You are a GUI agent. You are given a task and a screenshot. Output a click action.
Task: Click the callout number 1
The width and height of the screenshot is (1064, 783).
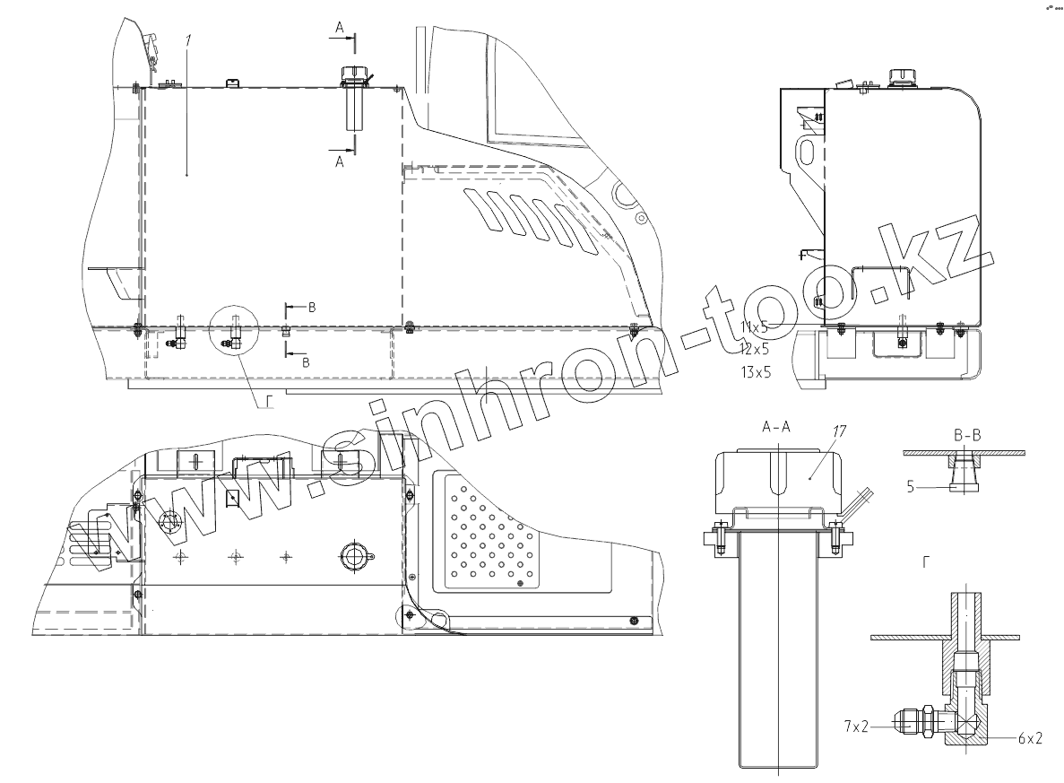click(188, 40)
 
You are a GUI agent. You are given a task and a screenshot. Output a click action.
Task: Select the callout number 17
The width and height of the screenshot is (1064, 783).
click(839, 431)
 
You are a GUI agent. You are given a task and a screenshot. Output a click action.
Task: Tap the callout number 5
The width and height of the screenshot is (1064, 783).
click(911, 486)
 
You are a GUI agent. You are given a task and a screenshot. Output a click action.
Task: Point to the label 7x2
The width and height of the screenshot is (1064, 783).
click(856, 726)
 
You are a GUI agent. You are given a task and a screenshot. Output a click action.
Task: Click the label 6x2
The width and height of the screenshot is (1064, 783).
click(1030, 738)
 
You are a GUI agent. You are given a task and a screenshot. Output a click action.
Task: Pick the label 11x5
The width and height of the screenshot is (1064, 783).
click(755, 327)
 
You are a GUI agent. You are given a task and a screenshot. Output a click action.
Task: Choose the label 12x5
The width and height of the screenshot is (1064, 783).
click(756, 350)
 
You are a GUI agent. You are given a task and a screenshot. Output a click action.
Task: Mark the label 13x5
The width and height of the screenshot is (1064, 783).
click(756, 372)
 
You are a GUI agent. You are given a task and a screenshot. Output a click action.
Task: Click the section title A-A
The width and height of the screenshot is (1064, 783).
click(776, 426)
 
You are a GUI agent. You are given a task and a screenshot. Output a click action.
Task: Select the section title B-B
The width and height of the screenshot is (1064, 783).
click(967, 435)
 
